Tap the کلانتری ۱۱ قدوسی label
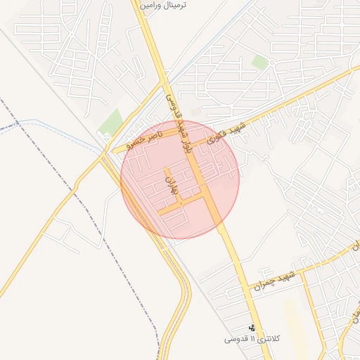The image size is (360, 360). pyautogui.click(x=252, y=339)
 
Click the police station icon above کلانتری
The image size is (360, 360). pyautogui.click(x=252, y=328)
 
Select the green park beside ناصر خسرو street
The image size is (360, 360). pyautogui.click(x=110, y=122)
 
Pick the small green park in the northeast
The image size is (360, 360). pyautogui.click(x=260, y=63)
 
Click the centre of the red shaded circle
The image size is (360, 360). pyautogui.click(x=180, y=179)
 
